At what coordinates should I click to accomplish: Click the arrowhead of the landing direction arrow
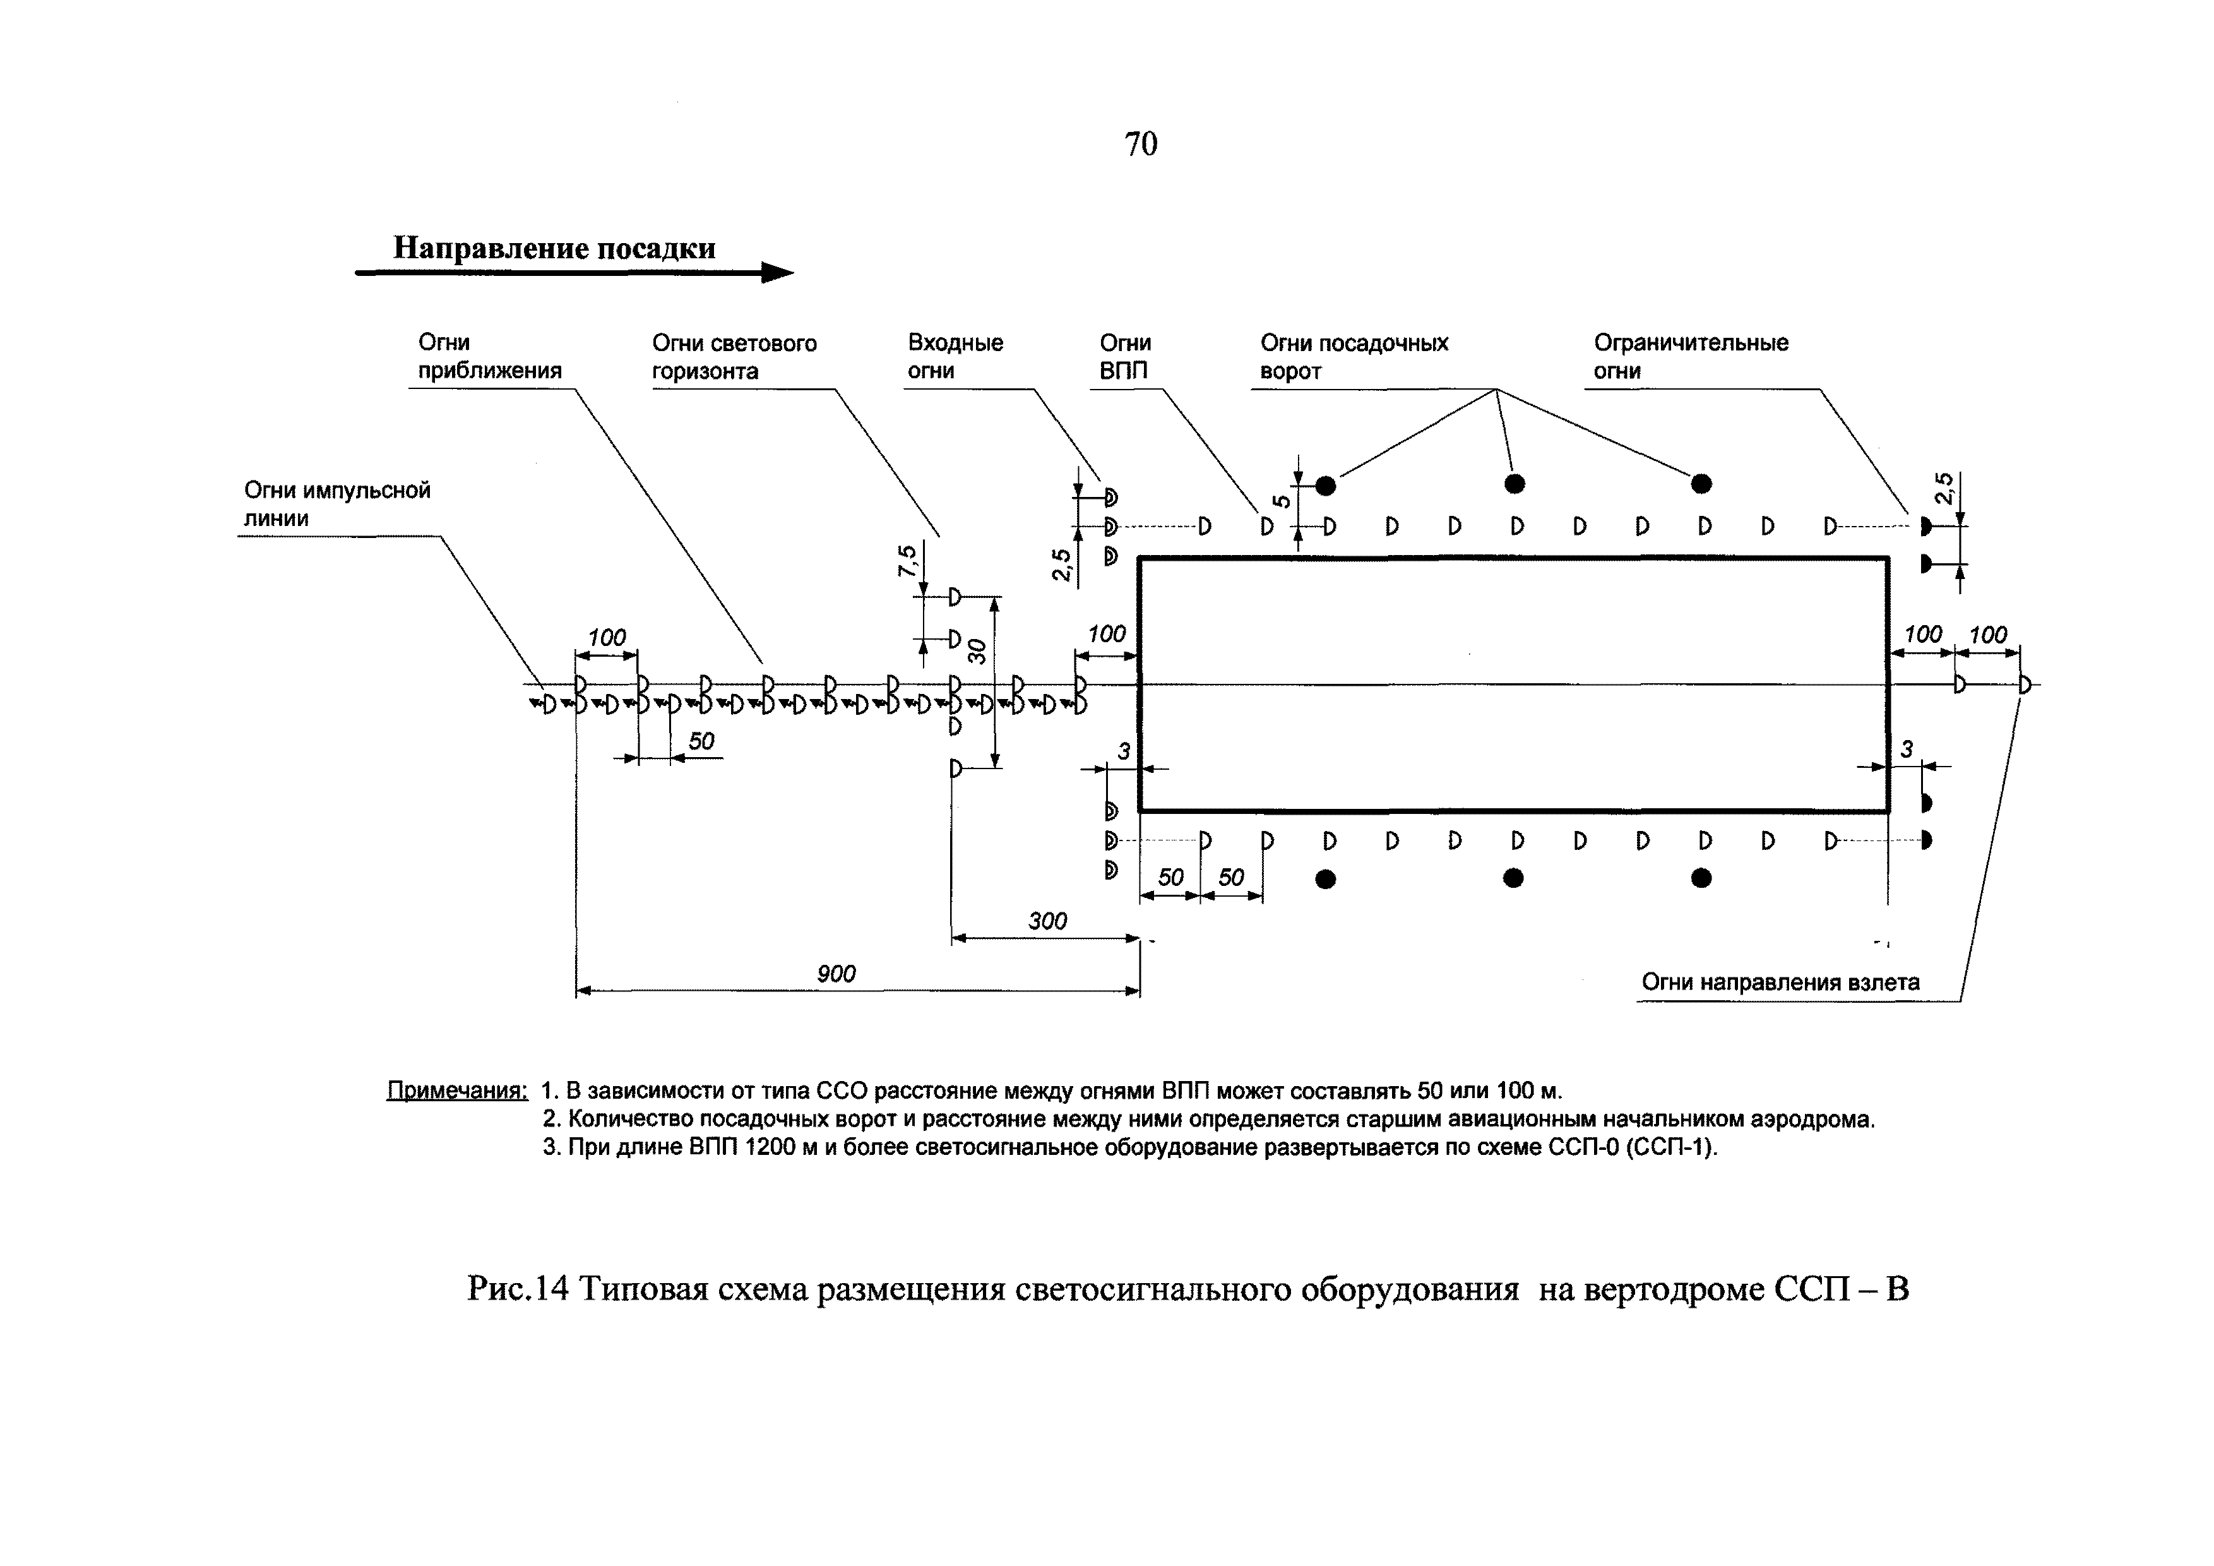point(777,273)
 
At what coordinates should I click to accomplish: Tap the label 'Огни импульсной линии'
point(336,505)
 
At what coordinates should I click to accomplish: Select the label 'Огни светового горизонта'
point(734,357)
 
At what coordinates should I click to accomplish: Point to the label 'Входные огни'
point(955,357)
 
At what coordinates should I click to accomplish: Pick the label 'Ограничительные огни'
point(1691,357)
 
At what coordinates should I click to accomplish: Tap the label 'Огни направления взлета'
point(1780,983)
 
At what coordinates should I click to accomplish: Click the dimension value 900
point(836,974)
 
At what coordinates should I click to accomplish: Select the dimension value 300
point(1047,921)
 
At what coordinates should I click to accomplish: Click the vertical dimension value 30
point(978,652)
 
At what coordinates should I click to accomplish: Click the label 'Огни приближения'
point(489,357)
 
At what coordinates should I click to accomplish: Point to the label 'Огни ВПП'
point(1124,357)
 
